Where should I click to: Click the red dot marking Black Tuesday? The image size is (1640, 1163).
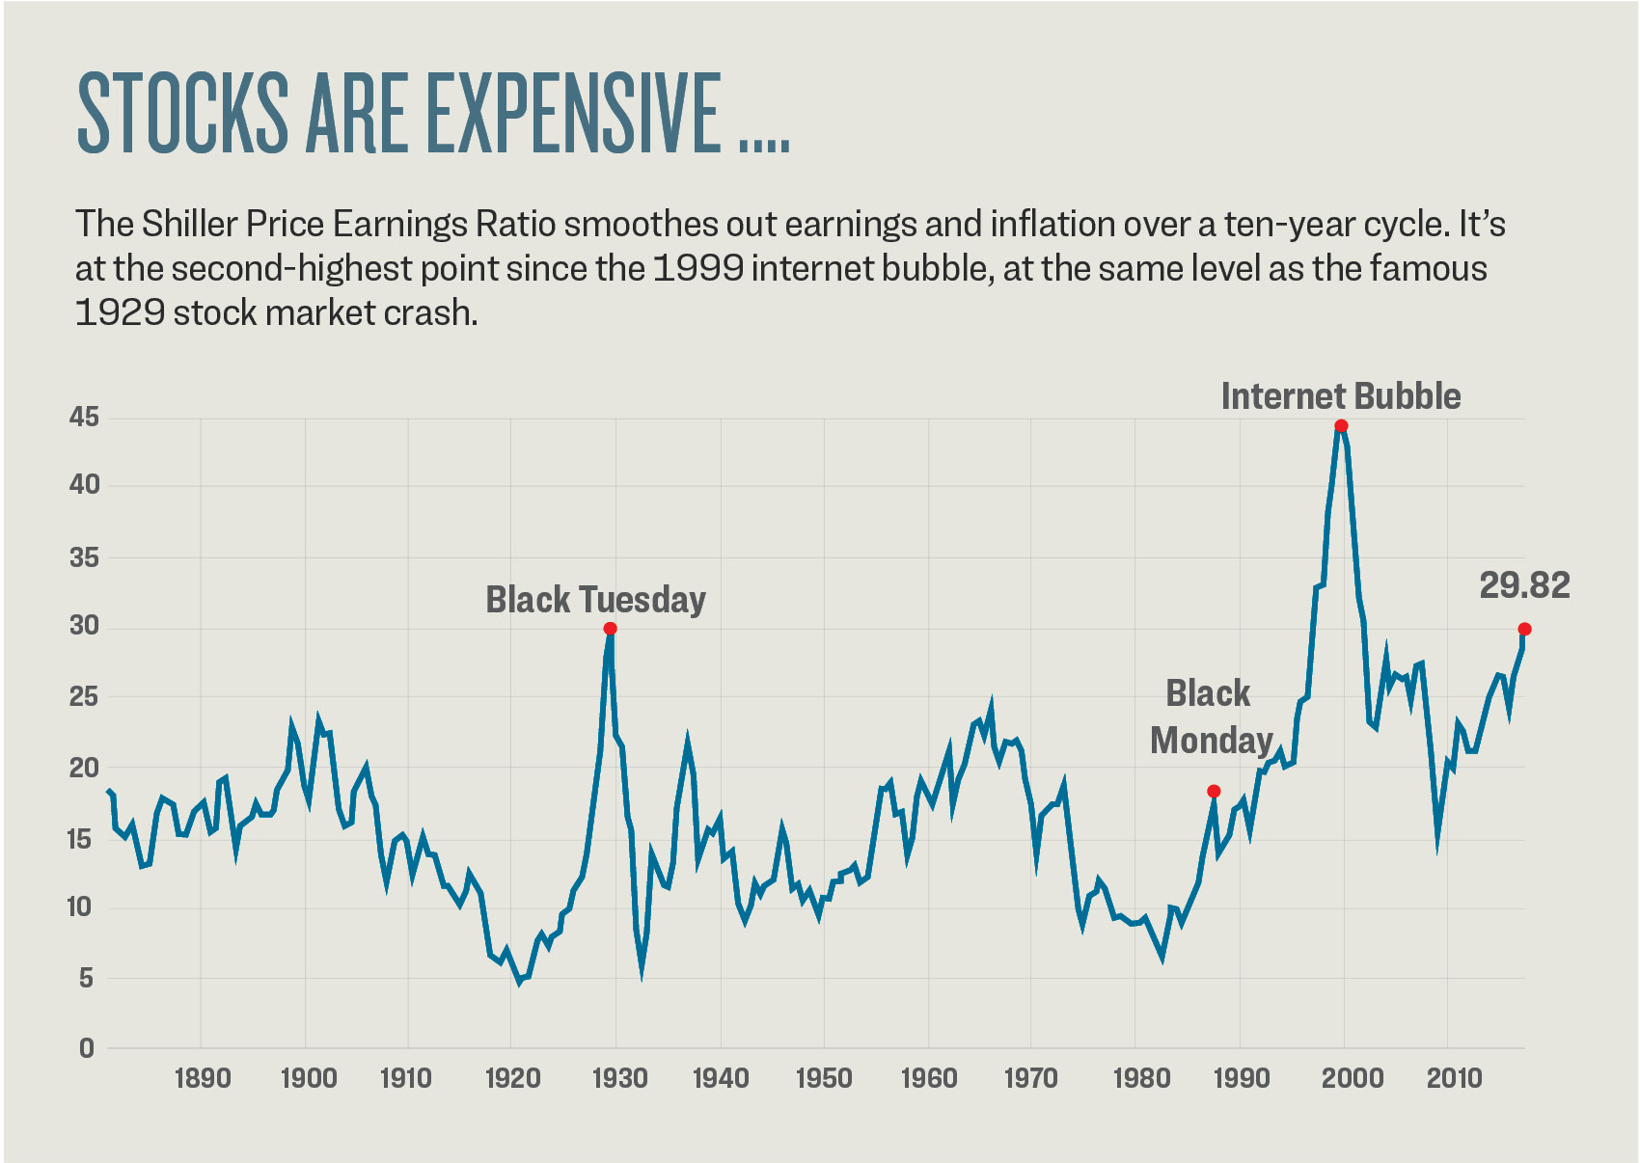click(610, 629)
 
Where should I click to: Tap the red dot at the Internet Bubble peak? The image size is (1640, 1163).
click(1341, 426)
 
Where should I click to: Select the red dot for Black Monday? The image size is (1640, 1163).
click(1214, 792)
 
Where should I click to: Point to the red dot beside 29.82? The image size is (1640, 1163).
click(1524, 630)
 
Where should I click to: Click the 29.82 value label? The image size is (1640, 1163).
click(1524, 585)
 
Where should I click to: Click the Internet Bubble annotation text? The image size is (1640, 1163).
click(1340, 396)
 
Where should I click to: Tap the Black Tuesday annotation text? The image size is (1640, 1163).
click(595, 600)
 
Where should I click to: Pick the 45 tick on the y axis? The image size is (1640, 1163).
click(85, 418)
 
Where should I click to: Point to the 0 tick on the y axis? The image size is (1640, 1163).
click(87, 1048)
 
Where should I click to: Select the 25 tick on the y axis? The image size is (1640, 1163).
click(85, 696)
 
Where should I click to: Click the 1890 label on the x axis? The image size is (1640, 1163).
click(203, 1078)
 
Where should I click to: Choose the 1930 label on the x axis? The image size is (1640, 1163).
click(618, 1078)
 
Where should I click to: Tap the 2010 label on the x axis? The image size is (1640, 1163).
click(1454, 1078)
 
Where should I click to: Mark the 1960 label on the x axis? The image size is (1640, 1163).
click(929, 1078)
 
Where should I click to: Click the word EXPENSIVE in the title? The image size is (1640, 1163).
click(574, 113)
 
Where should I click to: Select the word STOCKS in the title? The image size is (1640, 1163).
click(182, 113)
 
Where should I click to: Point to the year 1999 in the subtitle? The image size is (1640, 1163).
click(697, 268)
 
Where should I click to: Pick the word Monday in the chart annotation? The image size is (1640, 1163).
click(1212, 741)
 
